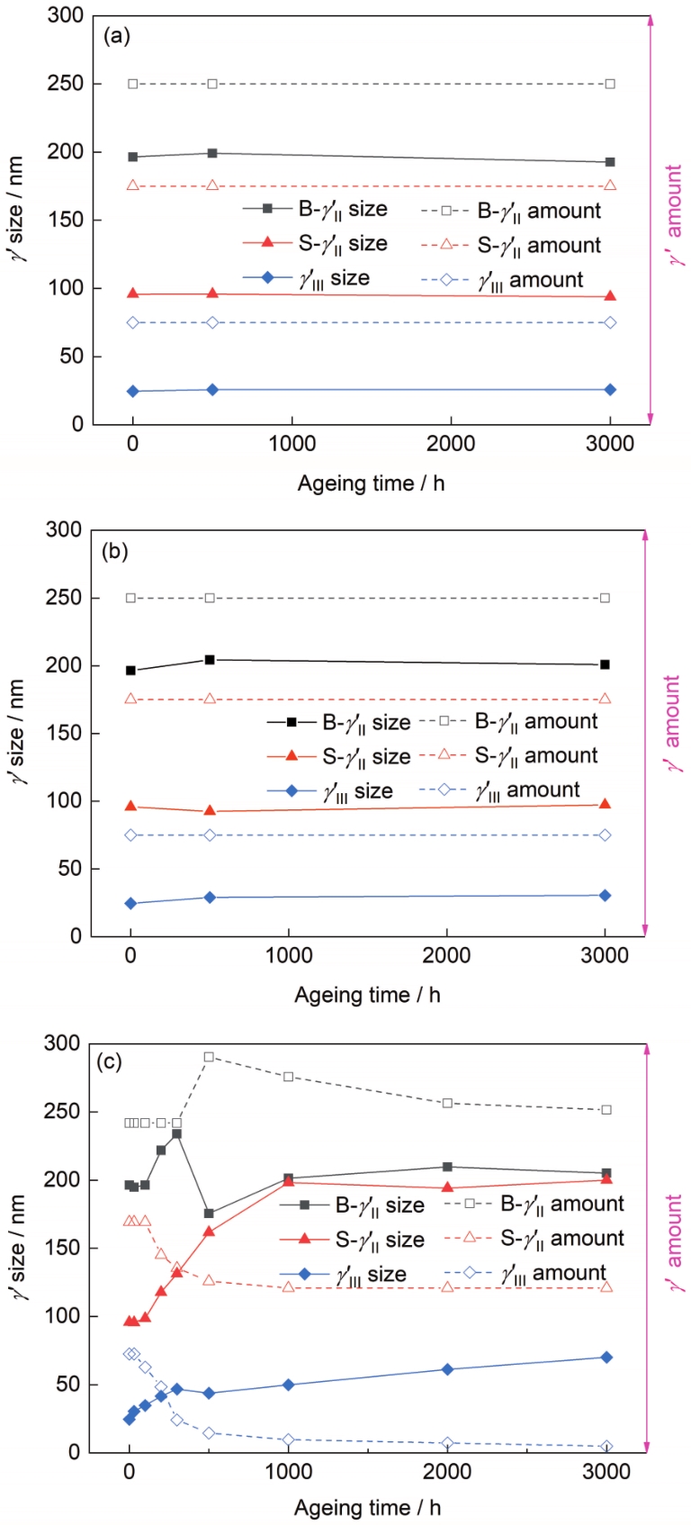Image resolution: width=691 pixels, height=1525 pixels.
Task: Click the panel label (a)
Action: pyautogui.click(x=118, y=37)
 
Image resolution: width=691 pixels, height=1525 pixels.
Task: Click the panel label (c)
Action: pyautogui.click(x=110, y=1062)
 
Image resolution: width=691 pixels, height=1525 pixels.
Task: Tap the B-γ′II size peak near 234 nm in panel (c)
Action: pyautogui.click(x=177, y=1133)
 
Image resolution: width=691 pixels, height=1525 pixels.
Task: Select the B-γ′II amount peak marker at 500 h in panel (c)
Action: pyautogui.click(x=209, y=1057)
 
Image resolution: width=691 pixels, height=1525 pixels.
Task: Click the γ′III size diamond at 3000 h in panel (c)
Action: pyautogui.click(x=606, y=1357)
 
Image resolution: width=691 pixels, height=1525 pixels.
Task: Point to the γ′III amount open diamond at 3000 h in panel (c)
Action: pyautogui.click(x=606, y=1446)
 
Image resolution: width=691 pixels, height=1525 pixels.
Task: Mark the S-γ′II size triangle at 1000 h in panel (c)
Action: pyautogui.click(x=289, y=1182)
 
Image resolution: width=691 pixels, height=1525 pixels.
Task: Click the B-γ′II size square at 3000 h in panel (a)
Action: pyautogui.click(x=610, y=162)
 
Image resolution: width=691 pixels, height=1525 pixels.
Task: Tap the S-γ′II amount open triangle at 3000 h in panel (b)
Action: pyautogui.click(x=605, y=699)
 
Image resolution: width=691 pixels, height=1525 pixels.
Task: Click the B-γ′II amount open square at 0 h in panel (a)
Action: pyautogui.click(x=133, y=84)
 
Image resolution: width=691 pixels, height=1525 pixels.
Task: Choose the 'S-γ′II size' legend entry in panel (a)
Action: pyautogui.click(x=315, y=244)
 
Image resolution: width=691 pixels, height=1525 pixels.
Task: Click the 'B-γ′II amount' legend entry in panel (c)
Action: pyautogui.click(x=535, y=1205)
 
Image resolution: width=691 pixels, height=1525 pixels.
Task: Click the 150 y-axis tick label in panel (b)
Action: pyautogui.click(x=63, y=734)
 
